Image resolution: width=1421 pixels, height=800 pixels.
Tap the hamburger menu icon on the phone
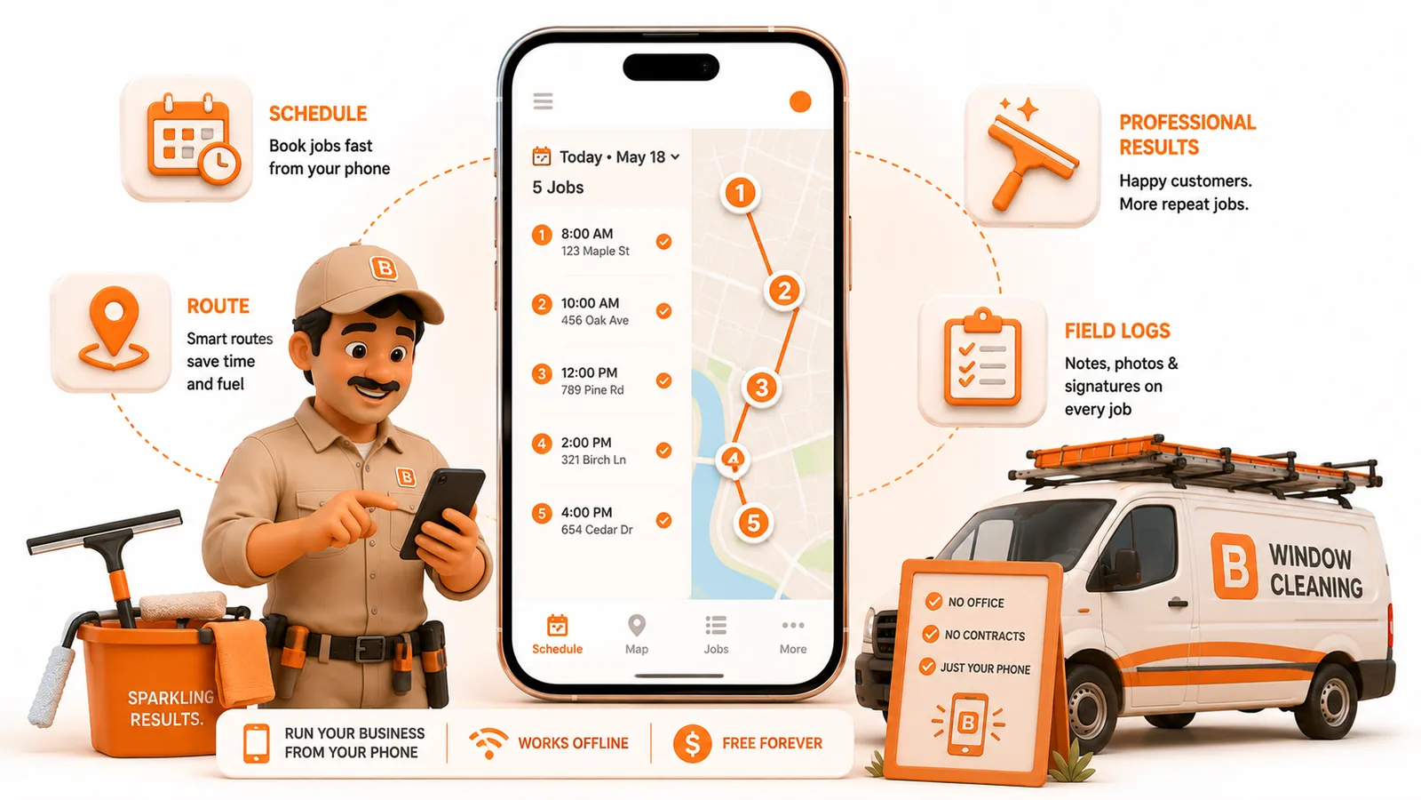point(543,101)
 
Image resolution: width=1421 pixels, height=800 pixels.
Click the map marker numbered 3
point(761,388)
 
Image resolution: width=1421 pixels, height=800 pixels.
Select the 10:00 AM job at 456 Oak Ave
point(595,311)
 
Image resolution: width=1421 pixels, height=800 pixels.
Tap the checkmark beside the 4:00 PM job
point(663,520)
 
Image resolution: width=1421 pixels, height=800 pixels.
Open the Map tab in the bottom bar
point(636,634)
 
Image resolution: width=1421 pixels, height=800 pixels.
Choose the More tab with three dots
point(793,636)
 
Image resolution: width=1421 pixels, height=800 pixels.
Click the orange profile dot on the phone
point(800,101)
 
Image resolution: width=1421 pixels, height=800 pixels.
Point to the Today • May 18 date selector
point(606,156)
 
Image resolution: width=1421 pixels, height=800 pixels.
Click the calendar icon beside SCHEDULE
point(192,139)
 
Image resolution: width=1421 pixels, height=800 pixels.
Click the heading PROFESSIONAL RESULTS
point(1187,134)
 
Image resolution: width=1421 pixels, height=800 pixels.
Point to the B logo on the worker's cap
point(384,268)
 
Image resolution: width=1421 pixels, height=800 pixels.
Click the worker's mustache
point(374,383)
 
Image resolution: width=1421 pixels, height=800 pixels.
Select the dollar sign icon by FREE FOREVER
point(692,743)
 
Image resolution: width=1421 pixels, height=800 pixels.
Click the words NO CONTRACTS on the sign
point(985,636)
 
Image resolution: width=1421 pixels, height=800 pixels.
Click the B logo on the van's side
point(1234,566)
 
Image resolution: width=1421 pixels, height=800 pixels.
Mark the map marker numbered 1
point(740,193)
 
